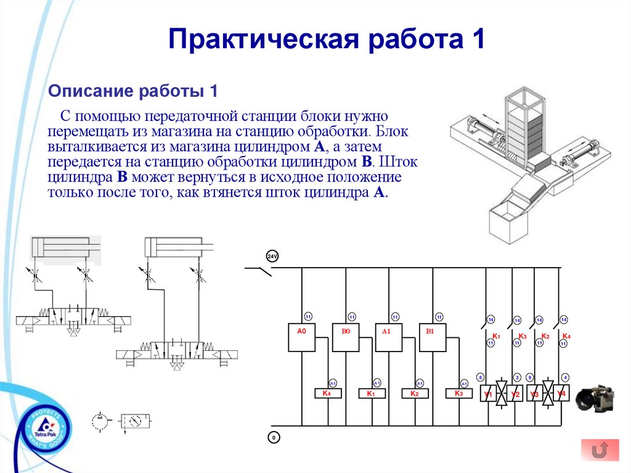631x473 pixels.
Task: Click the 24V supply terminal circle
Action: (272, 257)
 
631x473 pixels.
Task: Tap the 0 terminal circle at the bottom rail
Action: (273, 438)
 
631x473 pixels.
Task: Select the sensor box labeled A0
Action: (302, 337)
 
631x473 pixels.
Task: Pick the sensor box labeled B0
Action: (346, 337)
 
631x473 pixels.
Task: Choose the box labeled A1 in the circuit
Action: (388, 337)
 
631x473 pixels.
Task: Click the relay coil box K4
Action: (327, 393)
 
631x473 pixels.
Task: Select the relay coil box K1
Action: (371, 393)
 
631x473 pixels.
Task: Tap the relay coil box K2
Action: (415, 393)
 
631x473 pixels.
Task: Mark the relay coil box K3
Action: (458, 393)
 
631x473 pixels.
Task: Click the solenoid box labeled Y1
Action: (487, 393)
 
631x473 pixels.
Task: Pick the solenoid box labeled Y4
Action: (561, 393)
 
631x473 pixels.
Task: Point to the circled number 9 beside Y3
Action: (529, 377)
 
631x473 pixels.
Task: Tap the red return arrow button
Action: (600, 450)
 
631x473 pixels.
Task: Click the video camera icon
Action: (596, 398)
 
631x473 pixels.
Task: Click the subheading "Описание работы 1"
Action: (134, 91)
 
